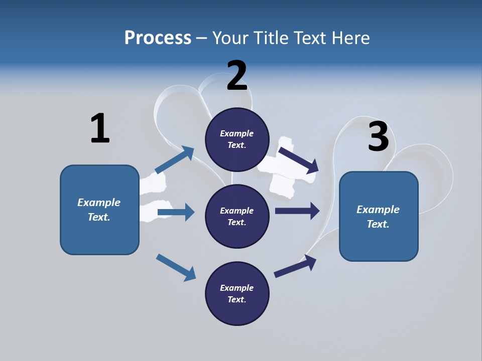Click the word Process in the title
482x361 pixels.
[158, 38]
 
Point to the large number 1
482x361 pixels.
[99, 128]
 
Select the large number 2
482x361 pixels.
[237, 76]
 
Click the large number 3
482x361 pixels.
[378, 136]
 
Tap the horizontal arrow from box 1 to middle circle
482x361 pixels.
[176, 213]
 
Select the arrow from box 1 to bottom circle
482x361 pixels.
[176, 267]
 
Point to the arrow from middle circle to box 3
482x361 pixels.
[297, 211]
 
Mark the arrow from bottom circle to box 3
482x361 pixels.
[295, 266]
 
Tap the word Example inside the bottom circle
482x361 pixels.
[237, 288]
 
